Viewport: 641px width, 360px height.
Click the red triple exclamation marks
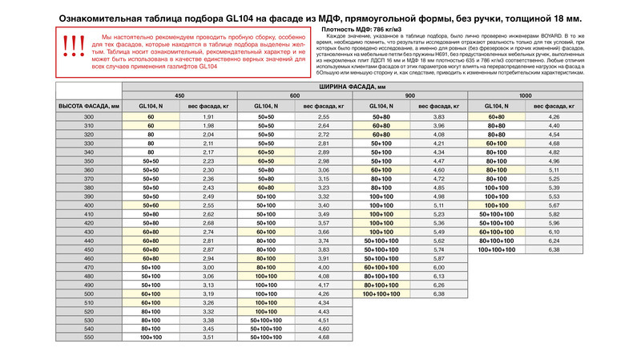pos(73,47)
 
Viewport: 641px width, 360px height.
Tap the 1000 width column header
pos(526,95)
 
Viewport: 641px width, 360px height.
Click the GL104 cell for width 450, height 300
pos(150,117)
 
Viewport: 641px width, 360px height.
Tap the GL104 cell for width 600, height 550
pos(266,338)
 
